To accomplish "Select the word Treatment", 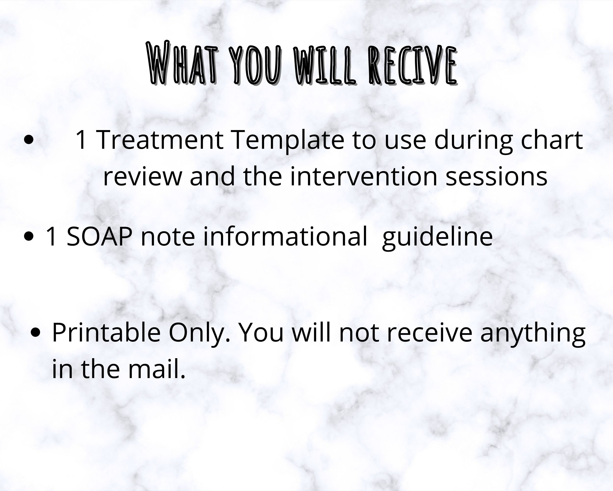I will [x=160, y=140].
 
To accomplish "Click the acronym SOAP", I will [x=99, y=236].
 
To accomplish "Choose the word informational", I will [x=285, y=236].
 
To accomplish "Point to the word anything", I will [x=533, y=333].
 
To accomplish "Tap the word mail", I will [x=157, y=369].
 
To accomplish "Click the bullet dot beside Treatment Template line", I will [x=29, y=140].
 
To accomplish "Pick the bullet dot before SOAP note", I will [x=29, y=236].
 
